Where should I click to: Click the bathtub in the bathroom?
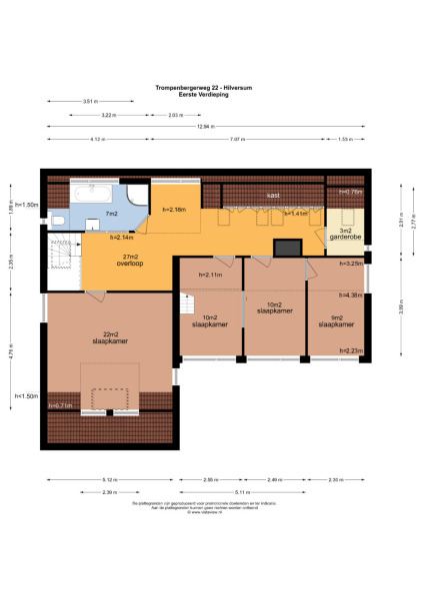[95, 191]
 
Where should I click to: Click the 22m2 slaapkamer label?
[109, 336]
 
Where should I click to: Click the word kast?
[272, 195]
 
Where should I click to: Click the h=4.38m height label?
[350, 296]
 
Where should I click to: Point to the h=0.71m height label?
[61, 406]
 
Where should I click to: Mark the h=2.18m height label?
[173, 210]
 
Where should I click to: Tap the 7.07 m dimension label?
[237, 140]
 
